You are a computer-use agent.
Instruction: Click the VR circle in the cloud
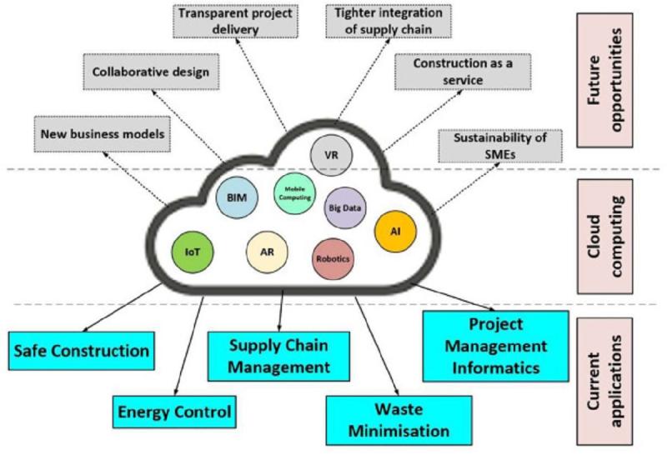pos(331,155)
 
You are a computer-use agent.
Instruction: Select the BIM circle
pos(237,197)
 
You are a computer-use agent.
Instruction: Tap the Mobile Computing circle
pos(295,193)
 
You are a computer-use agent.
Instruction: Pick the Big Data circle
pos(345,208)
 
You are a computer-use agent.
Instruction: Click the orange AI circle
pos(395,232)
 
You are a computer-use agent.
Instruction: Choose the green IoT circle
pos(193,252)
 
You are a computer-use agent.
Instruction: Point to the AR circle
pos(267,252)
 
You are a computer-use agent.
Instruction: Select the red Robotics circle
pos(333,259)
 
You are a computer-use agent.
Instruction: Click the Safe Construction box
pos(81,351)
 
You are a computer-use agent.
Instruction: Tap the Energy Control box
pos(174,412)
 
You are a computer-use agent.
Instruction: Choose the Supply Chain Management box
pos(278,357)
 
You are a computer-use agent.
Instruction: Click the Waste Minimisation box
pos(399,421)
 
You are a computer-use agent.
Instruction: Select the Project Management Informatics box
pos(495,346)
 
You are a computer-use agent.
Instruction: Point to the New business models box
pos(102,134)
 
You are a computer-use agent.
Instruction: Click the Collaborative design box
pos(151,72)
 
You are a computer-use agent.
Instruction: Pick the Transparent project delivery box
pos(235,22)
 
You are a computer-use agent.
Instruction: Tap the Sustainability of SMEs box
pos(499,146)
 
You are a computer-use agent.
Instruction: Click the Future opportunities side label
pos(604,80)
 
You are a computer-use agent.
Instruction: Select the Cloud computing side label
pos(604,237)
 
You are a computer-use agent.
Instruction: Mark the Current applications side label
pos(604,382)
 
